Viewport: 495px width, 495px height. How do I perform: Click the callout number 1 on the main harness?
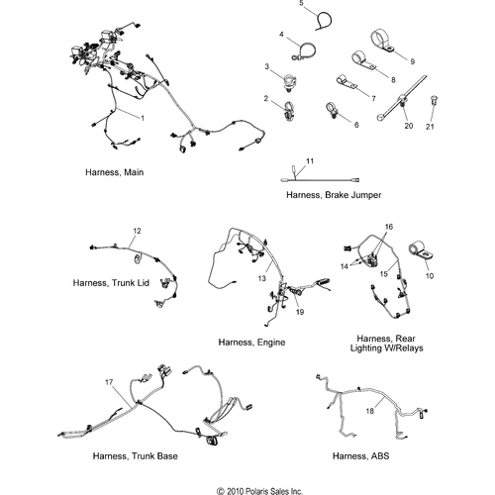pyautogui.click(x=143, y=118)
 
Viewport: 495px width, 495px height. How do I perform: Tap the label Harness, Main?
pyautogui.click(x=115, y=172)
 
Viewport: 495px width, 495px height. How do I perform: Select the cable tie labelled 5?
pyautogui.click(x=324, y=21)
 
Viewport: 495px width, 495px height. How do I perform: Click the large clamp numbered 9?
pyautogui.click(x=382, y=42)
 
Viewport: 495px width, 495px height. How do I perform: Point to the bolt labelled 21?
pyautogui.click(x=434, y=100)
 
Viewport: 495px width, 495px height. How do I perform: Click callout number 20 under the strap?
pyautogui.click(x=409, y=126)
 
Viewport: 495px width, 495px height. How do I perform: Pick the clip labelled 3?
pyautogui.click(x=289, y=82)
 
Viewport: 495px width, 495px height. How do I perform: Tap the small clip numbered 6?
pyautogui.click(x=332, y=110)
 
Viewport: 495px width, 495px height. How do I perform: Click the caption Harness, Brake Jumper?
pyautogui.click(x=334, y=195)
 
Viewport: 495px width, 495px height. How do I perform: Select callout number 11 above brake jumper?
pyautogui.click(x=310, y=161)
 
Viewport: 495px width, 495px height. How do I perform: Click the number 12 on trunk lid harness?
pyautogui.click(x=137, y=231)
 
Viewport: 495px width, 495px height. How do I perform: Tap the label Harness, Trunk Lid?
pyautogui.click(x=111, y=283)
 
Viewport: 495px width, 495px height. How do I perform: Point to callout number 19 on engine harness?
pyautogui.click(x=300, y=312)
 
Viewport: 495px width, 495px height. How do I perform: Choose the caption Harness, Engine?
pyautogui.click(x=251, y=343)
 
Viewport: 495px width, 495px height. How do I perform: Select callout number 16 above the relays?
pyautogui.click(x=389, y=227)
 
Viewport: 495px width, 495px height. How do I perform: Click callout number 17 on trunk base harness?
pyautogui.click(x=109, y=382)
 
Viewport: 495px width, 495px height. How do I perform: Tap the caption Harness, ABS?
pyautogui.click(x=360, y=456)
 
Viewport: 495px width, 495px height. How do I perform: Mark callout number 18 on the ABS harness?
pyautogui.click(x=369, y=411)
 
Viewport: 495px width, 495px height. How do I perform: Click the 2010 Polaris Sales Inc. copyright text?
pyautogui.click(x=259, y=491)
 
